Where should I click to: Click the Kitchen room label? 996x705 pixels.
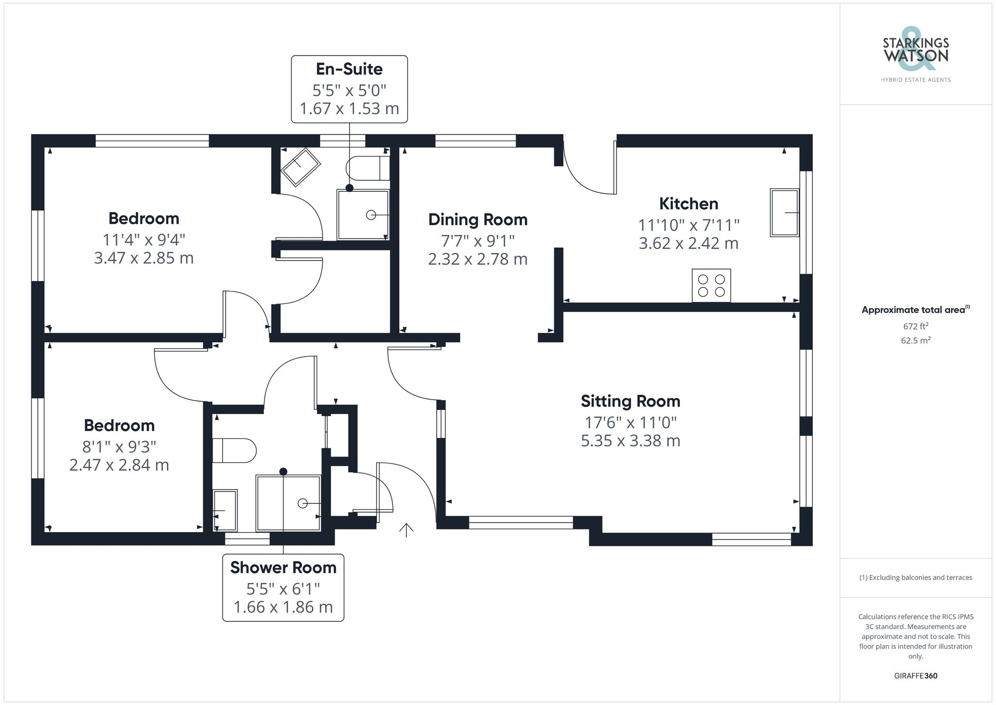click(689, 204)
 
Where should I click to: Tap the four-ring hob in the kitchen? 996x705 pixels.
click(711, 285)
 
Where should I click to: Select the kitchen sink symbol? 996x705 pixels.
click(784, 212)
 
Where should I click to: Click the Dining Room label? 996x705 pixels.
click(478, 220)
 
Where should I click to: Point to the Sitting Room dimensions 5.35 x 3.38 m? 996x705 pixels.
click(630, 441)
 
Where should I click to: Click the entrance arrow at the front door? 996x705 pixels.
click(406, 530)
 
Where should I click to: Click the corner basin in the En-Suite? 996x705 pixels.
click(300, 166)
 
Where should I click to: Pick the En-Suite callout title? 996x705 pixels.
click(349, 69)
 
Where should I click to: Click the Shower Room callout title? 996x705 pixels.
click(283, 567)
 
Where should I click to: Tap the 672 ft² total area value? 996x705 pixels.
click(915, 326)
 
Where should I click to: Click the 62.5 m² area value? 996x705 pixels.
click(915, 341)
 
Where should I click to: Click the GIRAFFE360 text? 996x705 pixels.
click(915, 676)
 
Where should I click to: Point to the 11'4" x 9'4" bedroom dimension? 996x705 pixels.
click(143, 240)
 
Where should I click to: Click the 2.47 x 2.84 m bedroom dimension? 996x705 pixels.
click(119, 465)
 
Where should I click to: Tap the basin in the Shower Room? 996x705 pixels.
click(225, 510)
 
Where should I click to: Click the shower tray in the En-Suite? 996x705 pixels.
click(363, 215)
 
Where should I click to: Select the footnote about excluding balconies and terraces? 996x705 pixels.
click(915, 577)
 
